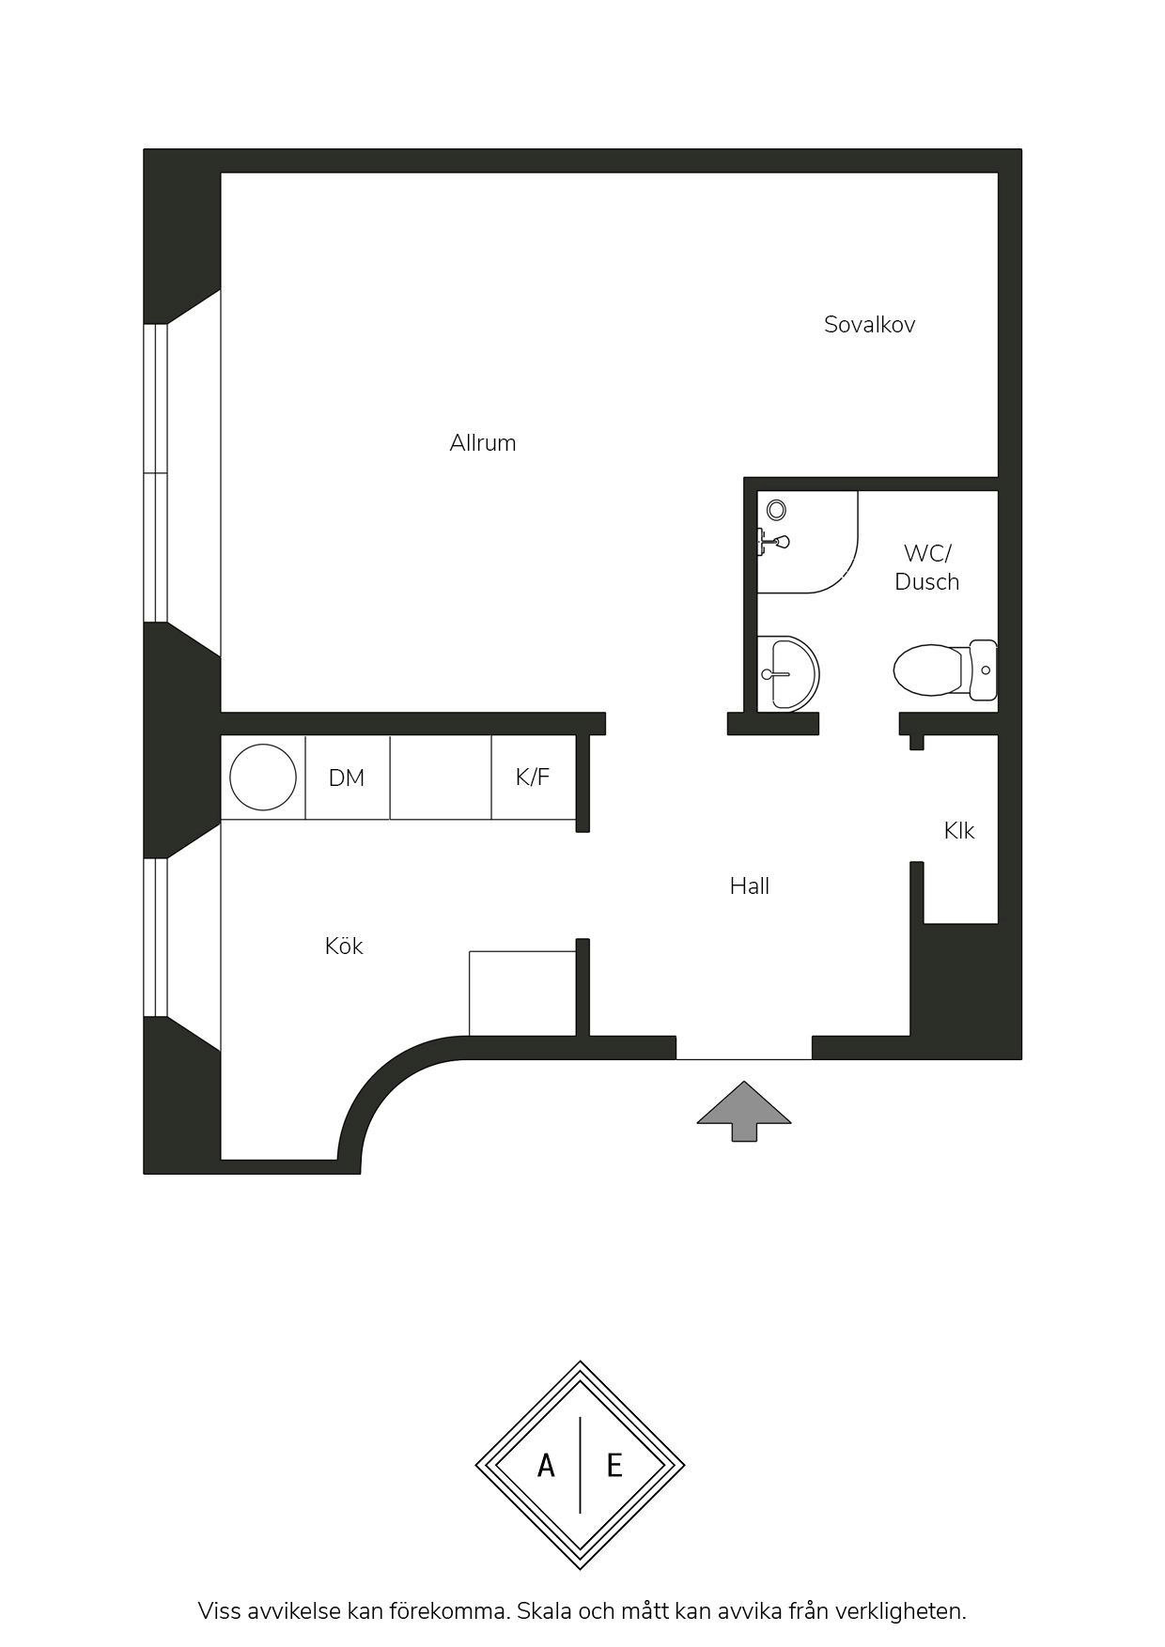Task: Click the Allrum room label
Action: [483, 443]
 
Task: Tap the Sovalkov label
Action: [869, 325]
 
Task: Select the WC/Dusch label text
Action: [927, 567]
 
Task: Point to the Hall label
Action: [750, 885]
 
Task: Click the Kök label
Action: [344, 946]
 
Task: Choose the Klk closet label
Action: [959, 830]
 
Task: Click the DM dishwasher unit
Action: [348, 777]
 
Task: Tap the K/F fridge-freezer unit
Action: [534, 777]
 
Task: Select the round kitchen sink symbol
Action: [263, 777]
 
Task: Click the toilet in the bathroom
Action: [945, 670]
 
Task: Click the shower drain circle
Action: [776, 510]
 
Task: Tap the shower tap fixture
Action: [773, 542]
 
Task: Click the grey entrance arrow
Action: [744, 1111]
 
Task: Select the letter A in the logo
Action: [546, 1465]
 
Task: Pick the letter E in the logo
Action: [614, 1465]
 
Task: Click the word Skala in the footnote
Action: [543, 1611]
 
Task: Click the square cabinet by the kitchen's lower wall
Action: [522, 993]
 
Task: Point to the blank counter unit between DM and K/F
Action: [441, 777]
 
